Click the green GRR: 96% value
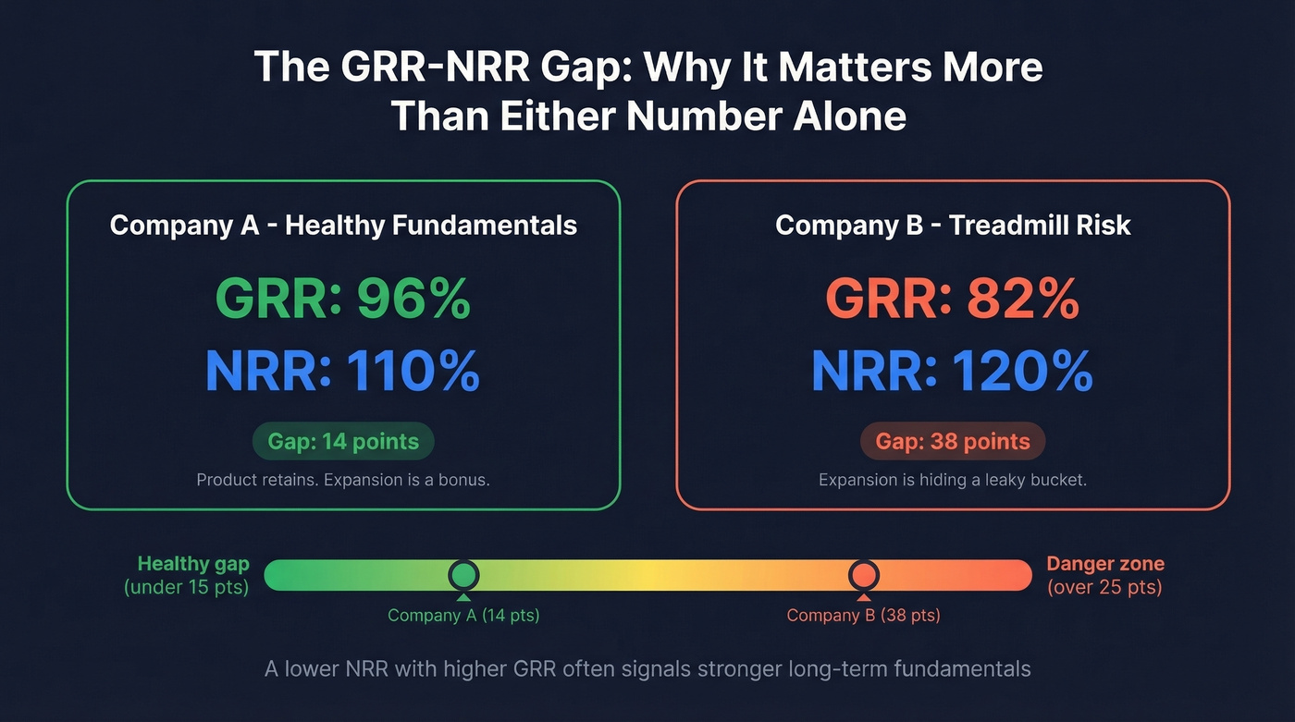(x=343, y=299)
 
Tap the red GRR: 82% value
(x=952, y=299)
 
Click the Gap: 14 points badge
(x=343, y=442)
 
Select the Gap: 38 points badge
(x=952, y=442)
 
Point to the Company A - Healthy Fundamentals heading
(x=343, y=225)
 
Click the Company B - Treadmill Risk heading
(x=952, y=225)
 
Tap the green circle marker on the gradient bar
(x=463, y=575)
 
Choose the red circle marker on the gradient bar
(x=863, y=575)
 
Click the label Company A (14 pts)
(x=463, y=616)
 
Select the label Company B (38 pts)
(x=863, y=616)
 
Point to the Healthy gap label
(x=192, y=564)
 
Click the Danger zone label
(x=1104, y=564)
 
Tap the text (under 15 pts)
(x=186, y=587)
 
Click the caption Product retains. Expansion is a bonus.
(x=343, y=481)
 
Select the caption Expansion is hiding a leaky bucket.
(x=952, y=481)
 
